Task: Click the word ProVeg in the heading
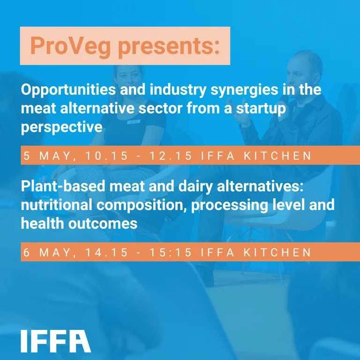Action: [63, 46]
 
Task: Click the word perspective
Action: [61, 127]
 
